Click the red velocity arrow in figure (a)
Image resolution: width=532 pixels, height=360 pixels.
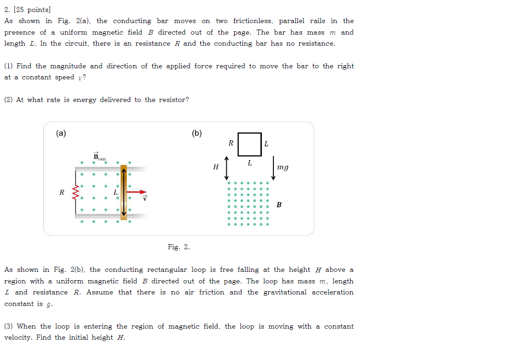coord(137,192)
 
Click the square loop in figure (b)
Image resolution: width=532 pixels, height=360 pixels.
coord(250,144)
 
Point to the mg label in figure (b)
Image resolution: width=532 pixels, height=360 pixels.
coord(283,167)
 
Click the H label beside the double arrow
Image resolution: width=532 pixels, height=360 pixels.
coord(216,167)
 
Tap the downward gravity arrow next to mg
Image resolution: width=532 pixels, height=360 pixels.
coord(273,168)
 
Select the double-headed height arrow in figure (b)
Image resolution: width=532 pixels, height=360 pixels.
coord(226,168)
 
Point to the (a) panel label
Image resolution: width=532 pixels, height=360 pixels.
coord(61,133)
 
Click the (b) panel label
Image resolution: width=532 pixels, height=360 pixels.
coord(197,133)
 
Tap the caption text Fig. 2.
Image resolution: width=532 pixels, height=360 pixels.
coord(179,247)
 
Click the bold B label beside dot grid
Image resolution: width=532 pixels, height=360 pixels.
coord(279,204)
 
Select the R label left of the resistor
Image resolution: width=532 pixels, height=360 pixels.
coord(61,192)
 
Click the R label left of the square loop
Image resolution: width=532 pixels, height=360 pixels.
coord(231,144)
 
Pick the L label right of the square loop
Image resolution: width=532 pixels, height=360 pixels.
coord(266,144)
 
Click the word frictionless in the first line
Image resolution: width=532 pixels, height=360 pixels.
coord(252,21)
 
